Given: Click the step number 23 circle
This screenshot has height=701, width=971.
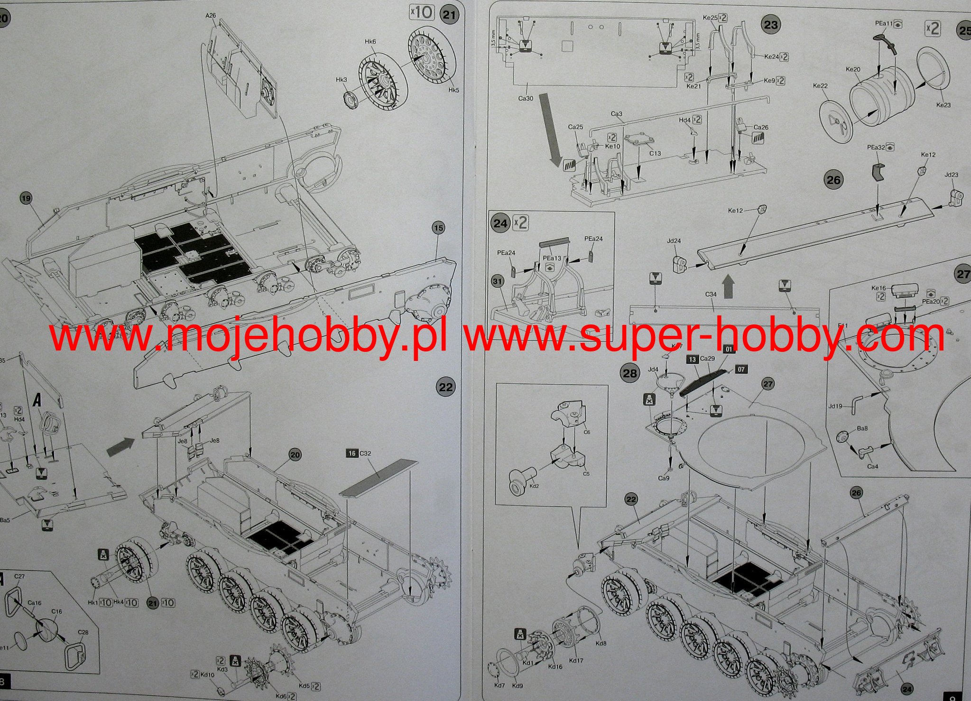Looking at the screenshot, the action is pyautogui.click(x=771, y=24).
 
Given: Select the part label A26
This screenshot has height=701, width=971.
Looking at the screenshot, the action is pyautogui.click(x=211, y=16).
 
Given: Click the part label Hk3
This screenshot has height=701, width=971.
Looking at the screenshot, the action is pyautogui.click(x=342, y=80).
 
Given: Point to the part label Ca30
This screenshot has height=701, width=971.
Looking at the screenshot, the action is pyautogui.click(x=526, y=99).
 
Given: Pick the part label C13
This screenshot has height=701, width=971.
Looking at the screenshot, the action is pyautogui.click(x=655, y=153).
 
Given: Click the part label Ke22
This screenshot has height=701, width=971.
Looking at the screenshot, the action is pyautogui.click(x=820, y=86).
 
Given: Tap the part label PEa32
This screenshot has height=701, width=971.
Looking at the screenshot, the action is pyautogui.click(x=876, y=148).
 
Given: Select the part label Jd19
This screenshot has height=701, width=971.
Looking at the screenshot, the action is pyautogui.click(x=835, y=406).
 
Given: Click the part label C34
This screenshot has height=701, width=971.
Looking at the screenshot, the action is pyautogui.click(x=711, y=295).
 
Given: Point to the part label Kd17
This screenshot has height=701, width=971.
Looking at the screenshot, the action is pyautogui.click(x=576, y=660).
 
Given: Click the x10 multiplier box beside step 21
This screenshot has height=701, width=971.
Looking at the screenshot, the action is pyautogui.click(x=421, y=12).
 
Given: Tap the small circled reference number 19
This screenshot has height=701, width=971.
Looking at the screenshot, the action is pyautogui.click(x=26, y=198).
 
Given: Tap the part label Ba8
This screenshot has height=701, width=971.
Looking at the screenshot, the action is pyautogui.click(x=862, y=428).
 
